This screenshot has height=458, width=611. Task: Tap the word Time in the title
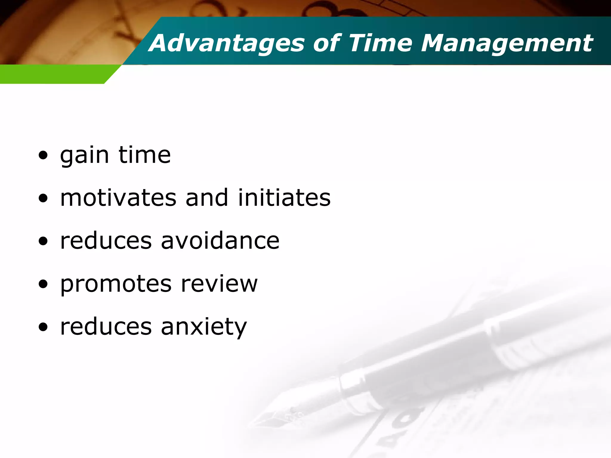click(380, 44)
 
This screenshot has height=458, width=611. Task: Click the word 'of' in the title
click(327, 44)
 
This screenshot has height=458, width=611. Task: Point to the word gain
click(84, 156)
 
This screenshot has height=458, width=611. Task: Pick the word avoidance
click(220, 241)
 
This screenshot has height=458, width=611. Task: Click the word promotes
click(116, 284)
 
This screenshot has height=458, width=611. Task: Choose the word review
click(219, 284)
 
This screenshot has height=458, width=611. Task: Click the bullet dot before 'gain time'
click(43, 155)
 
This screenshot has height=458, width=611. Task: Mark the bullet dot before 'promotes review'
click(43, 284)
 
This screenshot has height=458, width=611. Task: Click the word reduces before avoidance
click(106, 241)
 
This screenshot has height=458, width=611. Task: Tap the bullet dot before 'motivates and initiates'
click(43, 198)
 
